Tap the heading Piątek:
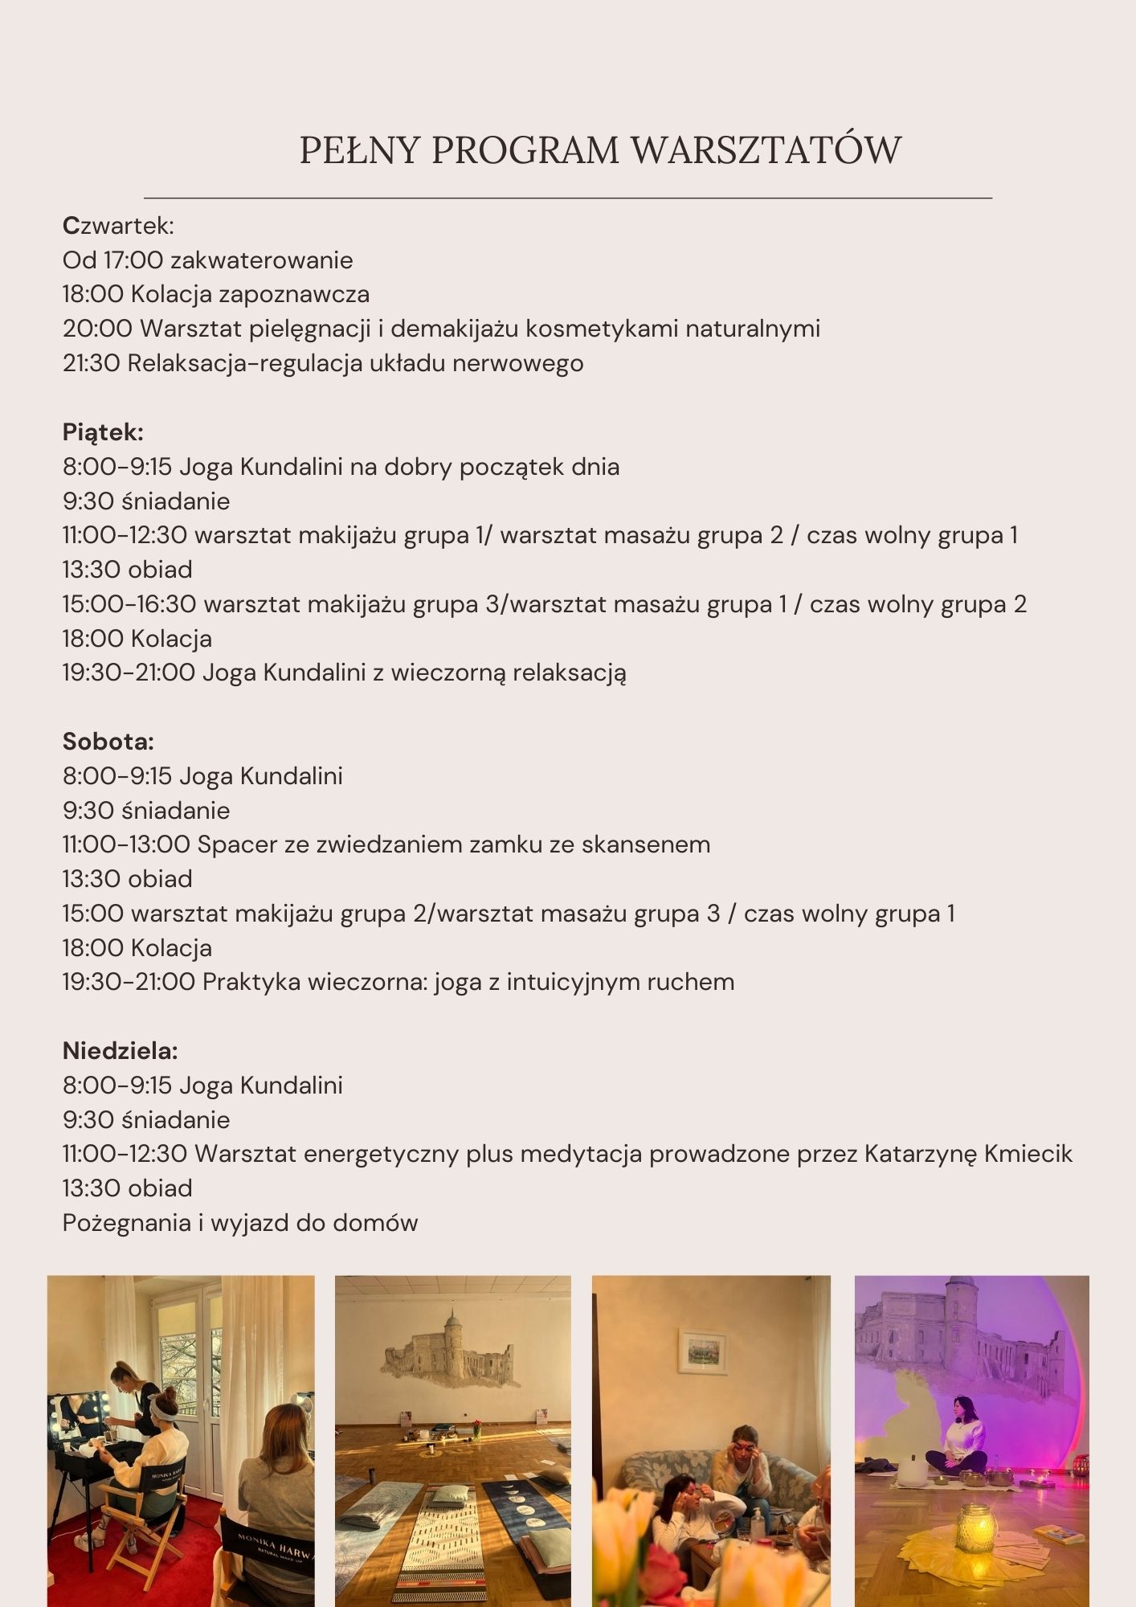coord(103,432)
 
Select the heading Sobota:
coord(108,742)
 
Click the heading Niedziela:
coord(120,1051)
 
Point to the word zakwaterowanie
coord(261,260)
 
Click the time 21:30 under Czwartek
coord(91,363)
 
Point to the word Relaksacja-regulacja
coord(244,363)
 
